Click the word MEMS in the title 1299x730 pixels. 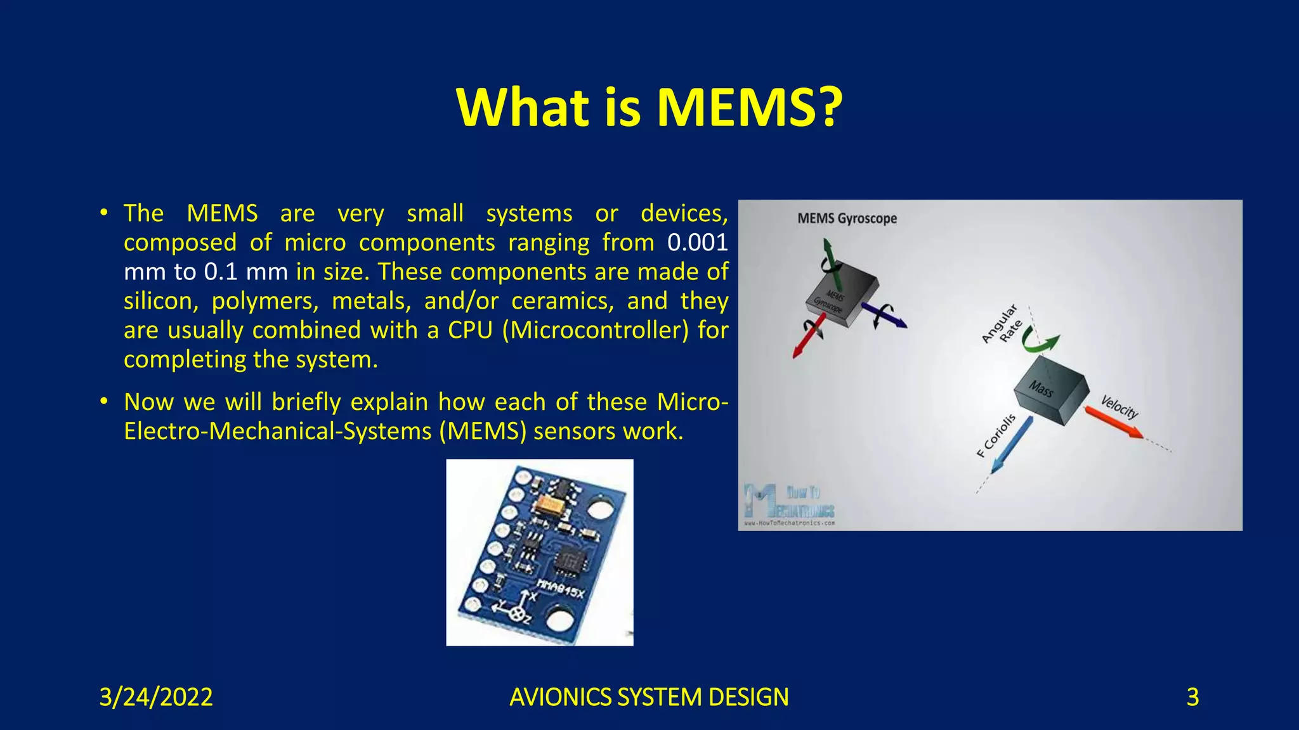(x=747, y=108)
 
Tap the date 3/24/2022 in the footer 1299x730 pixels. (x=156, y=697)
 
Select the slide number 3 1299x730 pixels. (x=1192, y=697)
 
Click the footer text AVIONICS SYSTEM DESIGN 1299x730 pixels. (x=649, y=697)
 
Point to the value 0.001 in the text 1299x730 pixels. (x=697, y=243)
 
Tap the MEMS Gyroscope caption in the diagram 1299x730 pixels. (x=847, y=219)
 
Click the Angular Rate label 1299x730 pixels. (x=1002, y=324)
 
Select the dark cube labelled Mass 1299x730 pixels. (x=1050, y=389)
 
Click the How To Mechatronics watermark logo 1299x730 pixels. (x=790, y=505)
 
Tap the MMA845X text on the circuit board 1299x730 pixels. (x=560, y=589)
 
